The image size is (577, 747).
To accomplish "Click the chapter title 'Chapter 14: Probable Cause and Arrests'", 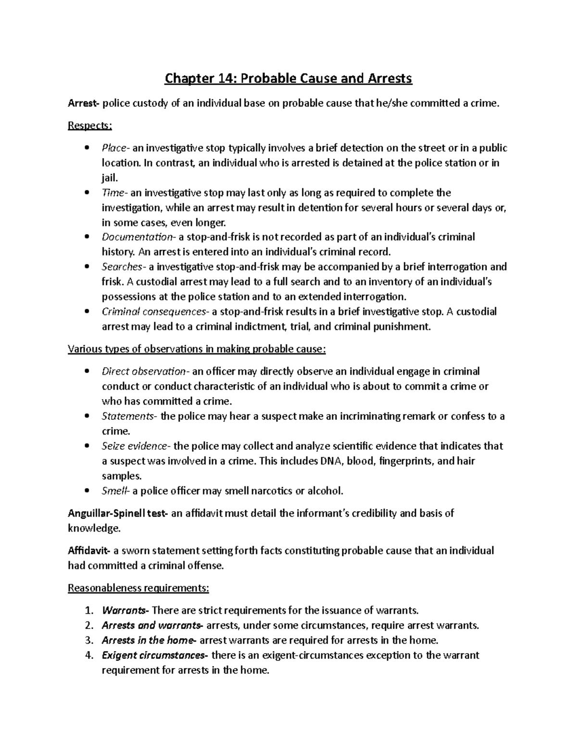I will pos(288,78).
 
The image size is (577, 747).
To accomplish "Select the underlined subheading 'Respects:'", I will pos(90,126).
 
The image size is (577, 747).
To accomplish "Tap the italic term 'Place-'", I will pos(115,148).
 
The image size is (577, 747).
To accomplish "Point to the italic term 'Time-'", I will pos(115,193).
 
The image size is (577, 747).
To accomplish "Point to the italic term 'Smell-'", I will pos(116,491).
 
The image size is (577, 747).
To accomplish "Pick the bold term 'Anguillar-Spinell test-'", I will pos(118,513).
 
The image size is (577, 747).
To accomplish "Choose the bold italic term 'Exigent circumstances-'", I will pos(155,656).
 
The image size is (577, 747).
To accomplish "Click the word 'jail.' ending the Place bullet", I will pos(110,178).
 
